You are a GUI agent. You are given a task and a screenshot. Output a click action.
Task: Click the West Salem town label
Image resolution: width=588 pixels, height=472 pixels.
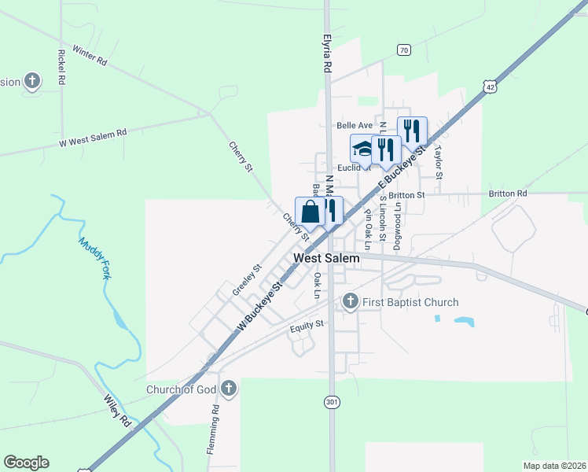point(326,258)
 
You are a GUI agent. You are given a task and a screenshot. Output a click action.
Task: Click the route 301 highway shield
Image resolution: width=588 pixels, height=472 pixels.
point(332,402)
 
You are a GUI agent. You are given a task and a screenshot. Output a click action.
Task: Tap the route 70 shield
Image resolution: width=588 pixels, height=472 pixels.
point(403,50)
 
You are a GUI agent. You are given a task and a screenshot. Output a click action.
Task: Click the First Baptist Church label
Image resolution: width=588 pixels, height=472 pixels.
point(410,302)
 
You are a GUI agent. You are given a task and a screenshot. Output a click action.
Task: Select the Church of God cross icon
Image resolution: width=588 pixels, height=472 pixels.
point(229,388)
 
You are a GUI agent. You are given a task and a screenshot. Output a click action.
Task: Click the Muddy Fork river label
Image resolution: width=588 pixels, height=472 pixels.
point(95,258)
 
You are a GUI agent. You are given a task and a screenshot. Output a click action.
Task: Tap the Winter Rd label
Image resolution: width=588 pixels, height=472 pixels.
point(89,54)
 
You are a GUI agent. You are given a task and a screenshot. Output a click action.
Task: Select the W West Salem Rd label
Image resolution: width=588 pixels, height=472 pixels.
point(93,138)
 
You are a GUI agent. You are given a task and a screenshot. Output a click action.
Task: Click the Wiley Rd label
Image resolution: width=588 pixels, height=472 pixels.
point(116,407)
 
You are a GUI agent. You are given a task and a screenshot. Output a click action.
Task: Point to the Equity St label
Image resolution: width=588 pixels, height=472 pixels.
point(307,325)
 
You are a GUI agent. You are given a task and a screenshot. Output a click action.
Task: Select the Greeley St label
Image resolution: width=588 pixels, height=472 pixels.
point(246,280)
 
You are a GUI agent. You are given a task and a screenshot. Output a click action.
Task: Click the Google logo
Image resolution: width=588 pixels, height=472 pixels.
point(26,463)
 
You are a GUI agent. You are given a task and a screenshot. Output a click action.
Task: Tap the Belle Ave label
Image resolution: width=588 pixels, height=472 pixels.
point(355,125)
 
